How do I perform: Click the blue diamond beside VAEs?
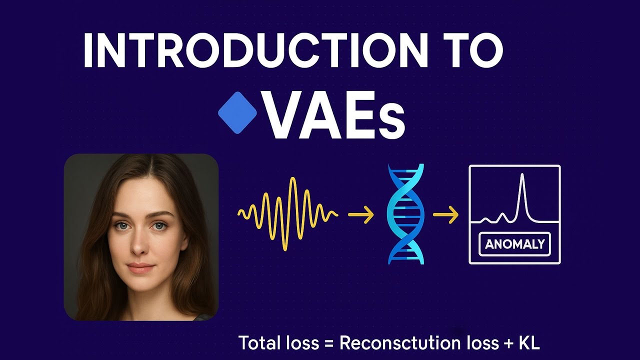pyautogui.click(x=237, y=114)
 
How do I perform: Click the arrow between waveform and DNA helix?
pyautogui.click(x=360, y=215)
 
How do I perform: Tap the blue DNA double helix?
pyautogui.click(x=405, y=214)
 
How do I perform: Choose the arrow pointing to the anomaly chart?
pyautogui.click(x=445, y=215)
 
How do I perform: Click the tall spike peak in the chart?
pyautogui.click(x=522, y=176)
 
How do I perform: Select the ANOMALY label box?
pyautogui.click(x=514, y=244)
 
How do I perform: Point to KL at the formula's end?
pyautogui.click(x=529, y=343)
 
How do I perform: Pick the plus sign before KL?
pyautogui.click(x=508, y=344)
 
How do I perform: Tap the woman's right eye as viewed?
pyautogui.click(x=159, y=226)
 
